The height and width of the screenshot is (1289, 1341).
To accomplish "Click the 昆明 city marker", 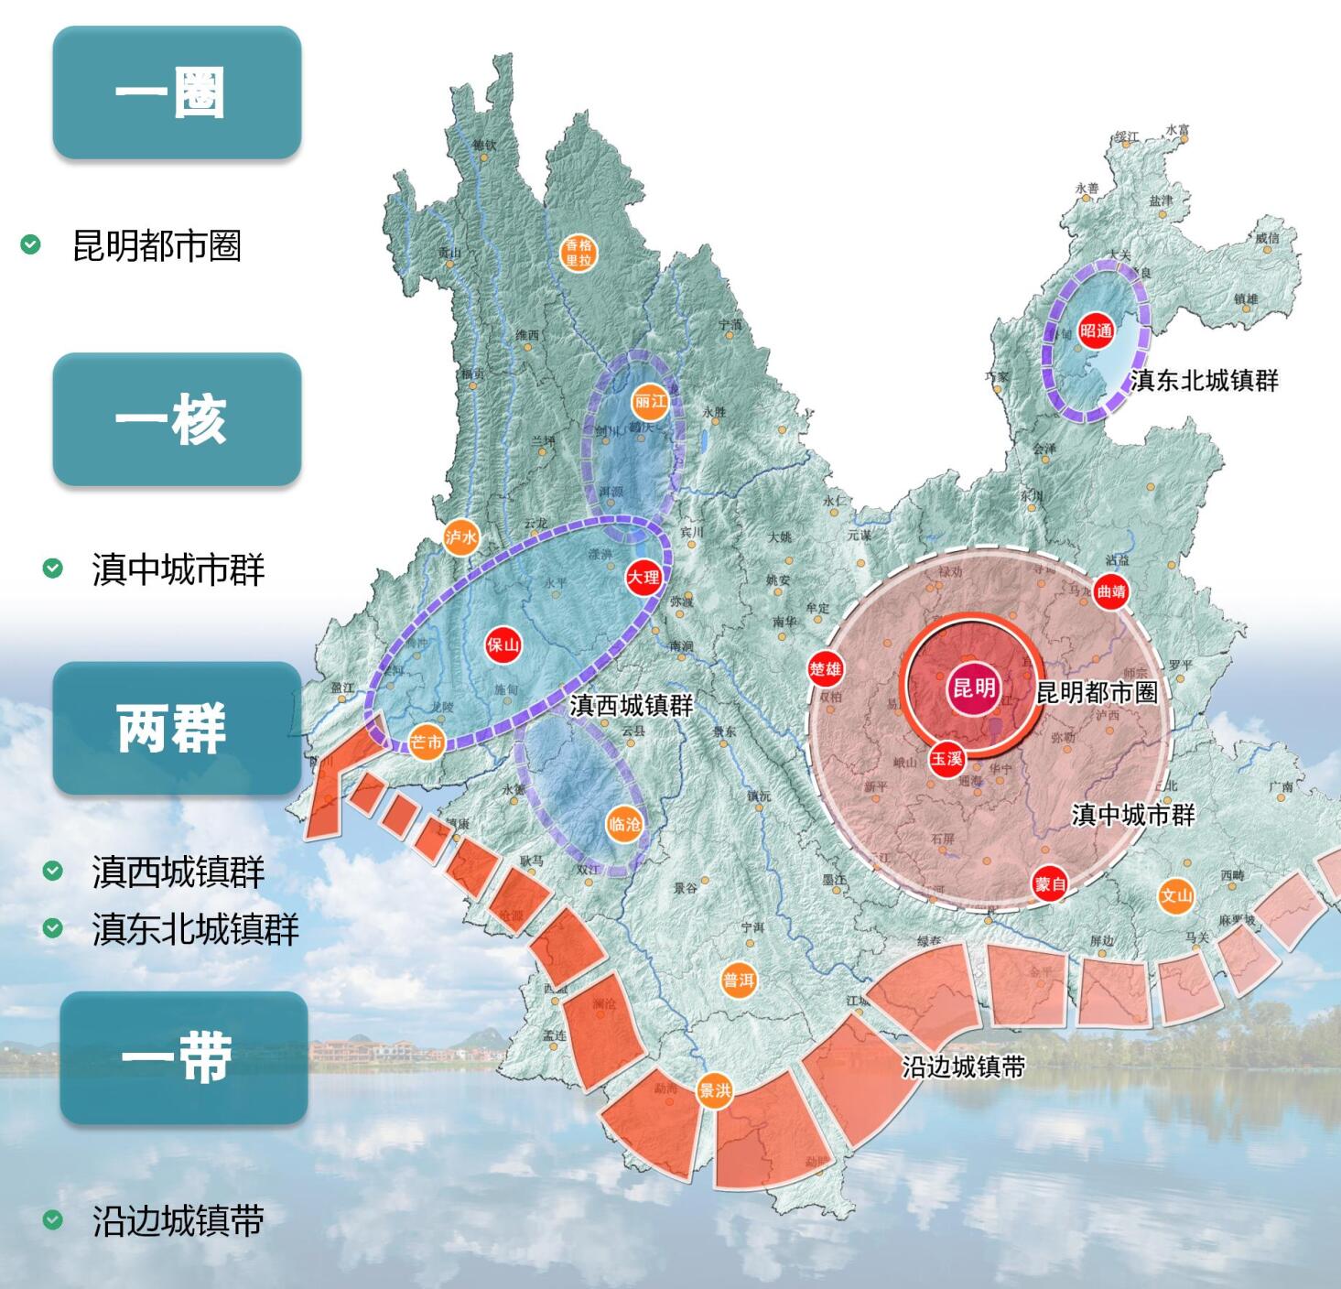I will (973, 688).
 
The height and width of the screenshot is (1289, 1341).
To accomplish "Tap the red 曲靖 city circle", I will (1110, 591).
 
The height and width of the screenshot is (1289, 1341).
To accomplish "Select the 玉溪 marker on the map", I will (947, 758).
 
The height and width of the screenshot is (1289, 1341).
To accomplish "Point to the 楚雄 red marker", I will (825, 669).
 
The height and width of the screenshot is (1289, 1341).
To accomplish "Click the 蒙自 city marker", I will (1049, 883).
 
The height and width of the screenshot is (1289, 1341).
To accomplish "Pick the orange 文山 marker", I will (1176, 895).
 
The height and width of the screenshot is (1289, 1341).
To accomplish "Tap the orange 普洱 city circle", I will (738, 980).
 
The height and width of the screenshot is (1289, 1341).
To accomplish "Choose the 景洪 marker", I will (714, 1091).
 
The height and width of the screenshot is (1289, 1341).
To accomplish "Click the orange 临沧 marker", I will (624, 824).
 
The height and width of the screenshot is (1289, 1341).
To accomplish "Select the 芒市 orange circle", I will (426, 742).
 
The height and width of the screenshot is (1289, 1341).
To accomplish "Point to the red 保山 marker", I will (503, 644).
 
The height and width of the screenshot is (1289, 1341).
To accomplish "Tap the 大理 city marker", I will (643, 577).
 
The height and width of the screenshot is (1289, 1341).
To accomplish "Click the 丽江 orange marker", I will (650, 401).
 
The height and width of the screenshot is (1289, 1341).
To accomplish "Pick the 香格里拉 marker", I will (579, 252).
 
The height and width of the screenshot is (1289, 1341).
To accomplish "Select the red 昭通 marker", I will (1096, 330).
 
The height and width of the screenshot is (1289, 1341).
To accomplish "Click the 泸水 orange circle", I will (460, 537).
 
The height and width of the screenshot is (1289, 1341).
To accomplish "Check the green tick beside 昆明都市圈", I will (31, 244).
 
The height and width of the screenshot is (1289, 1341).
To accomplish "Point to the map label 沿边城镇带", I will (963, 1067).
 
